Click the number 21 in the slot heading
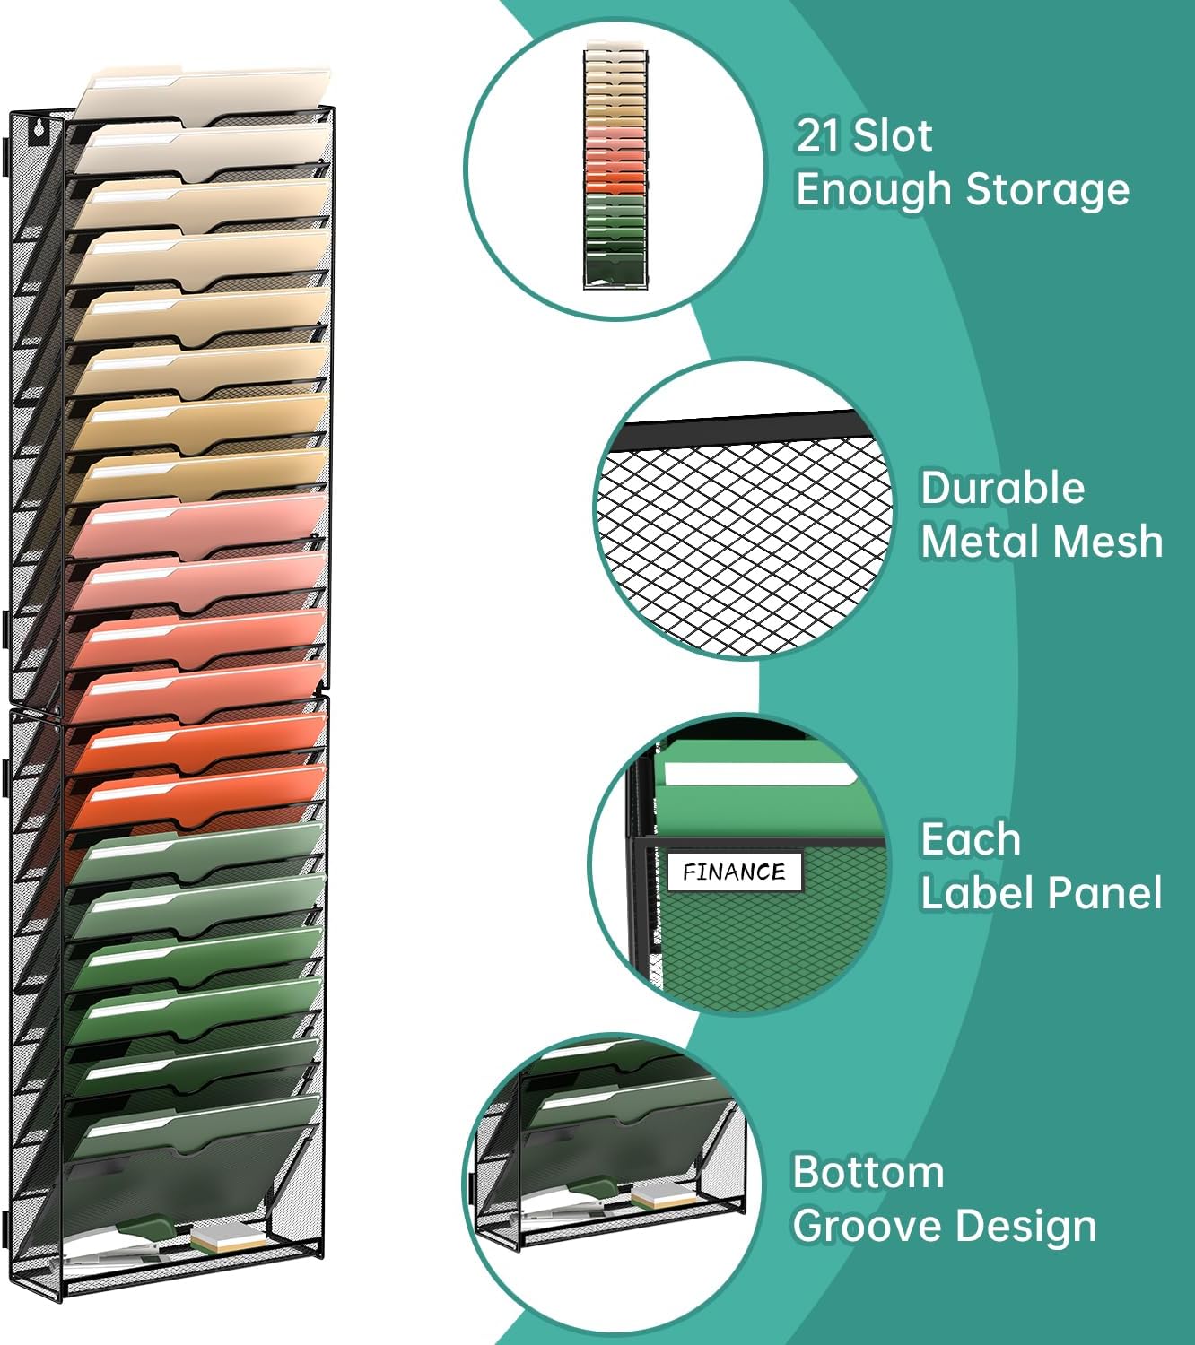[818, 136]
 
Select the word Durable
[1002, 489]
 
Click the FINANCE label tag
[734, 872]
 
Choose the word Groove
[868, 1226]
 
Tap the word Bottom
[868, 1173]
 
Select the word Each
[970, 840]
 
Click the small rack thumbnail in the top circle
[615, 166]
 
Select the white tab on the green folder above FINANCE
[758, 776]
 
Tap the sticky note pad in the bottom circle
[665, 1195]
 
